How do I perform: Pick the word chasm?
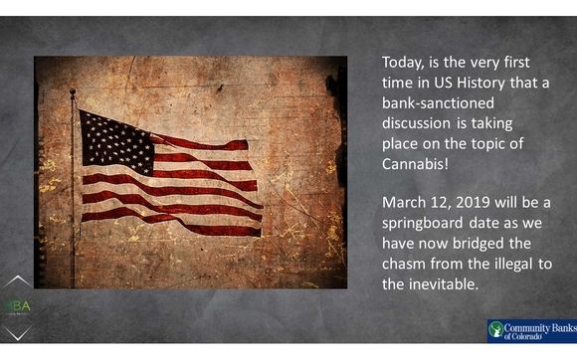pos(406,264)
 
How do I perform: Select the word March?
pos(406,203)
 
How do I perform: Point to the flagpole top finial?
pos(73,93)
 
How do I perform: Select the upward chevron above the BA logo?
pos(17,281)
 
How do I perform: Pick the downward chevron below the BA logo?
pos(17,330)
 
